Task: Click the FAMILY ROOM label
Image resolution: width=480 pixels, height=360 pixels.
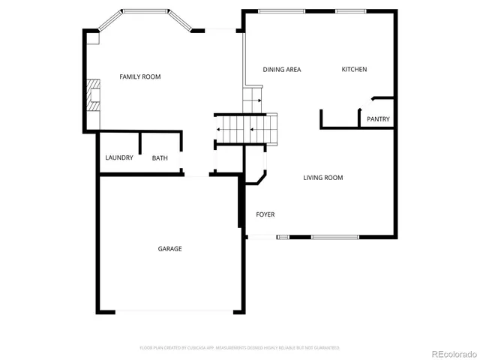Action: (x=140, y=76)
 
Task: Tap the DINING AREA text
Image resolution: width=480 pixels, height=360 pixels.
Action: (x=282, y=70)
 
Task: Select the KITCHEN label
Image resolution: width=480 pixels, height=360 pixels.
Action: (x=354, y=70)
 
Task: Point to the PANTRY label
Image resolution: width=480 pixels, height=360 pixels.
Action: (x=378, y=119)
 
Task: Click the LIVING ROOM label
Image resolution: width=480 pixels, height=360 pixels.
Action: (x=322, y=178)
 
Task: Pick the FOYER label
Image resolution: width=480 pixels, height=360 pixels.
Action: (x=265, y=214)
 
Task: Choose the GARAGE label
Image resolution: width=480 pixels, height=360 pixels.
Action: (x=169, y=248)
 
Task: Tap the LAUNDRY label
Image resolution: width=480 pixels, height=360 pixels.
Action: (x=119, y=157)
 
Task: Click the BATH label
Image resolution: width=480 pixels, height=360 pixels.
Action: (x=160, y=158)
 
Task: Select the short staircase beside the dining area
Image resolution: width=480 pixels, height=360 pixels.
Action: (x=252, y=98)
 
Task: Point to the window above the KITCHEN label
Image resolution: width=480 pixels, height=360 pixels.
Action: (x=350, y=11)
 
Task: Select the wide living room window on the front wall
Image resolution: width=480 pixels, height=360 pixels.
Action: (x=334, y=237)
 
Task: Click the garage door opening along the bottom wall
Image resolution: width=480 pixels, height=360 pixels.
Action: (x=170, y=311)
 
